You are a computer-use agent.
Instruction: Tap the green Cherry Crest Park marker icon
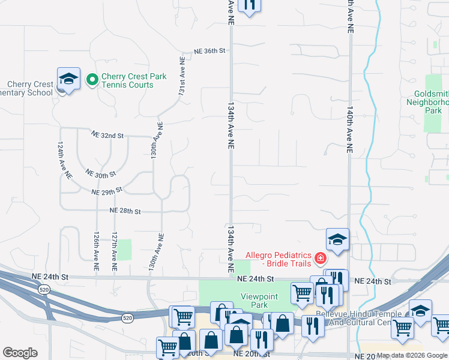pos(92,79)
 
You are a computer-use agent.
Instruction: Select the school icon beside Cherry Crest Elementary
pos(68,79)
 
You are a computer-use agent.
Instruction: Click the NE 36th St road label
pos(209,52)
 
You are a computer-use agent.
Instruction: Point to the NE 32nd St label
pos(107,136)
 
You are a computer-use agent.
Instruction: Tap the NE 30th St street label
pos(100,174)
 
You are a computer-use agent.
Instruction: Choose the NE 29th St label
pos(107,191)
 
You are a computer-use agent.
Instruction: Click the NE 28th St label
pos(125,211)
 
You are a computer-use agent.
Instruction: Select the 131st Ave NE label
pos(181,77)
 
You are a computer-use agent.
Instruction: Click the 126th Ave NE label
pos(95,252)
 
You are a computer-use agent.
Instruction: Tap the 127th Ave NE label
pos(113,252)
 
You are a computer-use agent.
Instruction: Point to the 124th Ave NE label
pos(65,161)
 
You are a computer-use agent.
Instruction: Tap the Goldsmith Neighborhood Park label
pos(432,102)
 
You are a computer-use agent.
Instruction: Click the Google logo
pos(20,353)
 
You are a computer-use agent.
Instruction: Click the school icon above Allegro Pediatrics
pos(338,239)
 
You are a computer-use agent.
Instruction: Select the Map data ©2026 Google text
pos(412,355)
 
